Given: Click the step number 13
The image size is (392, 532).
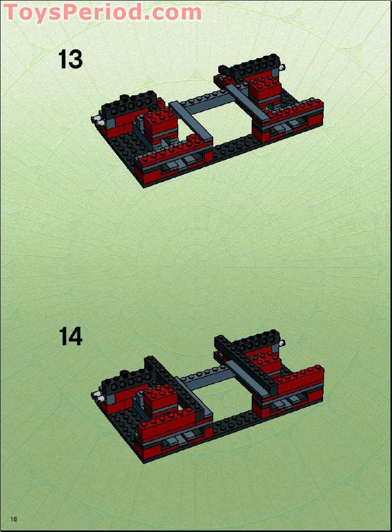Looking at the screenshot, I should pyautogui.click(x=70, y=60).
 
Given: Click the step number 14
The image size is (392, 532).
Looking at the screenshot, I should pyautogui.click(x=70, y=337).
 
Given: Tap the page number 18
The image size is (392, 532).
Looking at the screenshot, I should pyautogui.click(x=13, y=520).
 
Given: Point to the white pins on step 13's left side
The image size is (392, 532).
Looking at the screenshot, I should pyautogui.click(x=96, y=120).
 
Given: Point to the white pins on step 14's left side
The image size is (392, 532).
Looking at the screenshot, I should pyautogui.click(x=96, y=397).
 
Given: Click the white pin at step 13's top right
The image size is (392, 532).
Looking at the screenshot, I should pyautogui.click(x=283, y=67).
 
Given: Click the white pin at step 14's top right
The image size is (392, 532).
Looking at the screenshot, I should pyautogui.click(x=283, y=343).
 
